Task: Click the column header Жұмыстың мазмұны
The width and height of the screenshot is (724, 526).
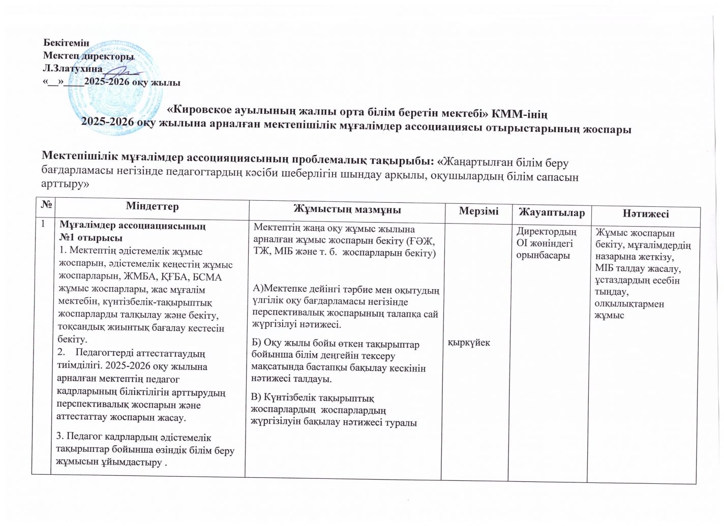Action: coord(347,209)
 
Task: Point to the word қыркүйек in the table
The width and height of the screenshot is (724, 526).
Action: coord(468,342)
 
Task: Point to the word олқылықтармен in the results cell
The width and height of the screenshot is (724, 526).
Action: coord(628,304)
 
